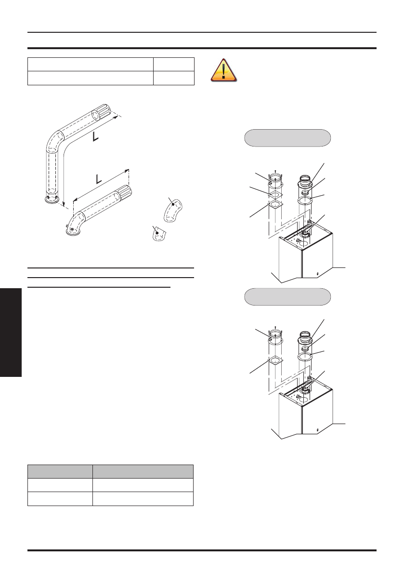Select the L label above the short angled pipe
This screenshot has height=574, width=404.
[x=99, y=179]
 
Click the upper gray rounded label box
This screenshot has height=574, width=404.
[x=288, y=137]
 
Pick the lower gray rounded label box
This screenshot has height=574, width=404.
[x=288, y=296]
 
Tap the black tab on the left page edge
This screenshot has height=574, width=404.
[x=11, y=333]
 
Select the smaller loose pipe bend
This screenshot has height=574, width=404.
[x=157, y=235]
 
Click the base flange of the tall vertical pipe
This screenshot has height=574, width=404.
[x=51, y=199]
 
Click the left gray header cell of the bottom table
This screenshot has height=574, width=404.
[x=60, y=471]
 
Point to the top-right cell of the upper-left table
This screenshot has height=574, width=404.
[x=174, y=64]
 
